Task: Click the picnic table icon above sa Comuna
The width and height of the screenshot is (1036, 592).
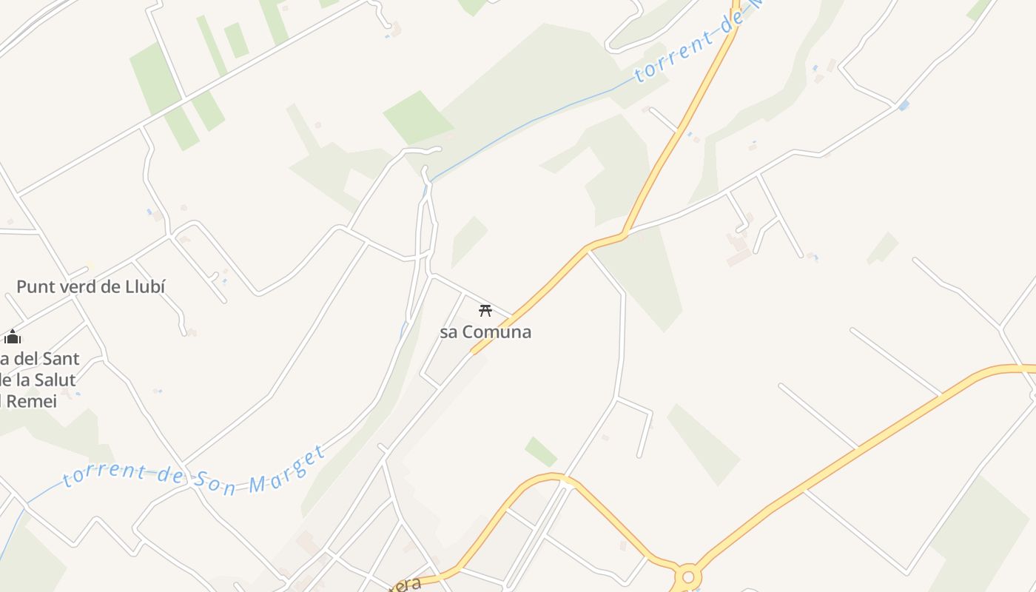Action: point(485,310)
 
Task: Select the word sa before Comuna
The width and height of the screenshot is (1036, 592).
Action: point(449,332)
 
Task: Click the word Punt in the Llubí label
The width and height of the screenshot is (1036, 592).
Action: point(34,286)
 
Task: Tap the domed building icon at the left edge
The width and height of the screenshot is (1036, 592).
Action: point(12,337)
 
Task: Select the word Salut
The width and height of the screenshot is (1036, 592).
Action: point(54,380)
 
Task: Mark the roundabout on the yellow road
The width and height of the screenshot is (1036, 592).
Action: point(688,576)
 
